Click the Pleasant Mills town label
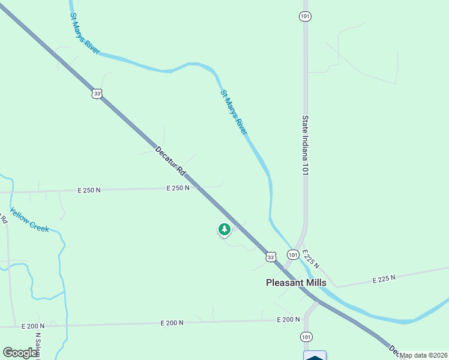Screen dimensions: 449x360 tap(296, 283)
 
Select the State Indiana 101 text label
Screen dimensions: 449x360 tap(306, 145)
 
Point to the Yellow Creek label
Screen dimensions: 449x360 tap(29, 220)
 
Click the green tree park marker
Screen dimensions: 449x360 tap(224, 230)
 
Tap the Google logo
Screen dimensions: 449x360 tap(20, 353)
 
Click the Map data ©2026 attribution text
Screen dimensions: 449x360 tap(423, 355)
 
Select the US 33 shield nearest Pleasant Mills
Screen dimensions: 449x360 tap(271, 257)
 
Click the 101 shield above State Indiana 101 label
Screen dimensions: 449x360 tap(305, 16)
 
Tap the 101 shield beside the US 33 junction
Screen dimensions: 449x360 tap(292, 255)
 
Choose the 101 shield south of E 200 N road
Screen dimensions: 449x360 tap(307, 337)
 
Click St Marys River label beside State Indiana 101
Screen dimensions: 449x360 tap(234, 112)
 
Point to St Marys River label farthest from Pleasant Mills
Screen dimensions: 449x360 tap(85, 34)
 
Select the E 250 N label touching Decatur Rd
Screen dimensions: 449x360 tap(178, 188)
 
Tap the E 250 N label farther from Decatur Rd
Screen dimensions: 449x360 tap(89, 190)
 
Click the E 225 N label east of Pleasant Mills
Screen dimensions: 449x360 tap(384, 279)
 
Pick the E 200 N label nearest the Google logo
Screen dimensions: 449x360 tap(32, 326)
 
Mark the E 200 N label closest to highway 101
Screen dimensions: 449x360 tap(288, 319)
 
